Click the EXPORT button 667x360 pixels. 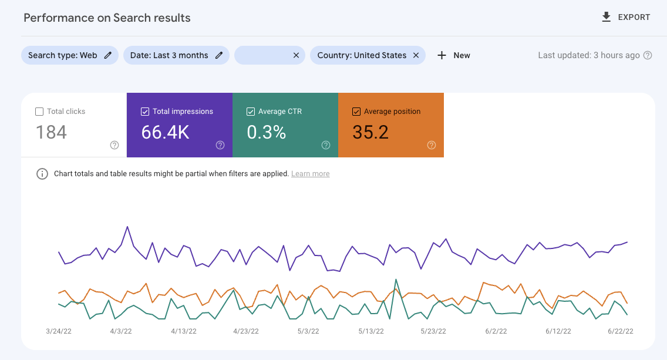[626, 17]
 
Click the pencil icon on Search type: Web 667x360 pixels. [107, 55]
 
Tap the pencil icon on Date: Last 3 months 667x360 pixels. [219, 55]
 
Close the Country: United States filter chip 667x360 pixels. [416, 55]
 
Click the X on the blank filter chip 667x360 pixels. [297, 55]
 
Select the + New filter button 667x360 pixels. [454, 55]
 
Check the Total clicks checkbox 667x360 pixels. [39, 112]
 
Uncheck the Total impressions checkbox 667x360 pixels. [145, 112]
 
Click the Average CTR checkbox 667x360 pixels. [251, 112]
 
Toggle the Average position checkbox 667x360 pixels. [356, 112]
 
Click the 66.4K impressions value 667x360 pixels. [165, 133]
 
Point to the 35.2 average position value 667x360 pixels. [370, 133]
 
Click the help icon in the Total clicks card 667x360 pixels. [114, 145]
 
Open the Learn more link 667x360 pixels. [310, 174]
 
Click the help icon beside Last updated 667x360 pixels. [648, 55]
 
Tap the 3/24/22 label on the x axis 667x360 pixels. [58, 331]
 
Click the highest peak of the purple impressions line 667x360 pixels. [127, 226]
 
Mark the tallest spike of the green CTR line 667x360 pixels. [396, 280]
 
